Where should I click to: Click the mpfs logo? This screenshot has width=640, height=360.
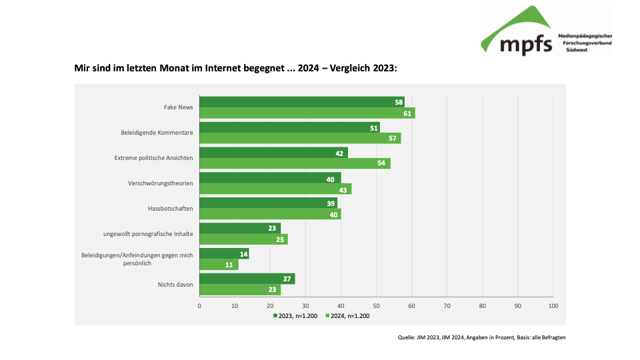[545, 31]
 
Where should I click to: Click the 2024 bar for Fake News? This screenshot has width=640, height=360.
[307, 113]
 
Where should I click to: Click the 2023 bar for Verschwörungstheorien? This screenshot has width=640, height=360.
[270, 178]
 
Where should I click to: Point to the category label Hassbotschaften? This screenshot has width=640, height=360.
[170, 209]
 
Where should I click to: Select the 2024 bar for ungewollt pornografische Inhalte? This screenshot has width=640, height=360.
[243, 239]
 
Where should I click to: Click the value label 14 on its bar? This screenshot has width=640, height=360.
[243, 254]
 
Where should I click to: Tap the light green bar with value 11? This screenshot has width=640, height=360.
[219, 265]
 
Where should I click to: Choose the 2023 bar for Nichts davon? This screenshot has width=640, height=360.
[247, 279]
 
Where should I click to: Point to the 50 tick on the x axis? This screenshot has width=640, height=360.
[376, 305]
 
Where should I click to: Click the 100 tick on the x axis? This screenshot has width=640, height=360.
[553, 305]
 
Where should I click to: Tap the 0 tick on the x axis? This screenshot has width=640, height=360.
[199, 305]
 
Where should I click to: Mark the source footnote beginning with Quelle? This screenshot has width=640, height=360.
[481, 337]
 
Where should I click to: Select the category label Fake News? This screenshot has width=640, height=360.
[179, 107]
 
